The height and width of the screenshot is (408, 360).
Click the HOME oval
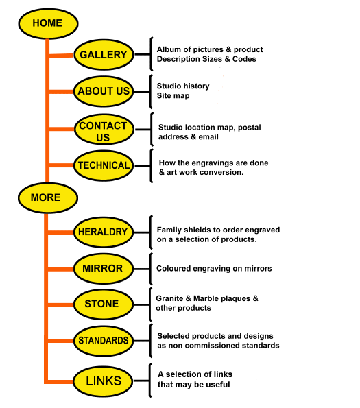coord(48,23)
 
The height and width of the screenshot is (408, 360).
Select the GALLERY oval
coord(104,55)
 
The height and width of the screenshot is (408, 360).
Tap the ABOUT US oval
coord(104,91)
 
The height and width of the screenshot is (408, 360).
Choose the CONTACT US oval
coord(104,130)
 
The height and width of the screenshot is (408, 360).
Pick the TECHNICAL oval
coord(104,166)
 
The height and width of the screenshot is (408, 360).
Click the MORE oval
coord(48,198)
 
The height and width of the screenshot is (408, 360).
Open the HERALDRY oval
coord(104,232)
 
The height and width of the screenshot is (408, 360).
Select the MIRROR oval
coord(104,269)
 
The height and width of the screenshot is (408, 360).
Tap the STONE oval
coord(104,304)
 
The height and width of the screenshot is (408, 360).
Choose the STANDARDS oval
coord(104,341)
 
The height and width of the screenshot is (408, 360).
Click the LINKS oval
coord(104,381)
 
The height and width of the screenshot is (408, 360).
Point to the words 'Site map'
coord(173,96)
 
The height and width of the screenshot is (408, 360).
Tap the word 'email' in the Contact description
coord(208,137)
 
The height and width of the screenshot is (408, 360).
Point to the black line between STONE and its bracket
coord(142,304)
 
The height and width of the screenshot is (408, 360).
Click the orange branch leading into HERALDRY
coord(60,232)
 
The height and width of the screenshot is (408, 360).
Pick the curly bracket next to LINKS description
coord(150,381)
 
